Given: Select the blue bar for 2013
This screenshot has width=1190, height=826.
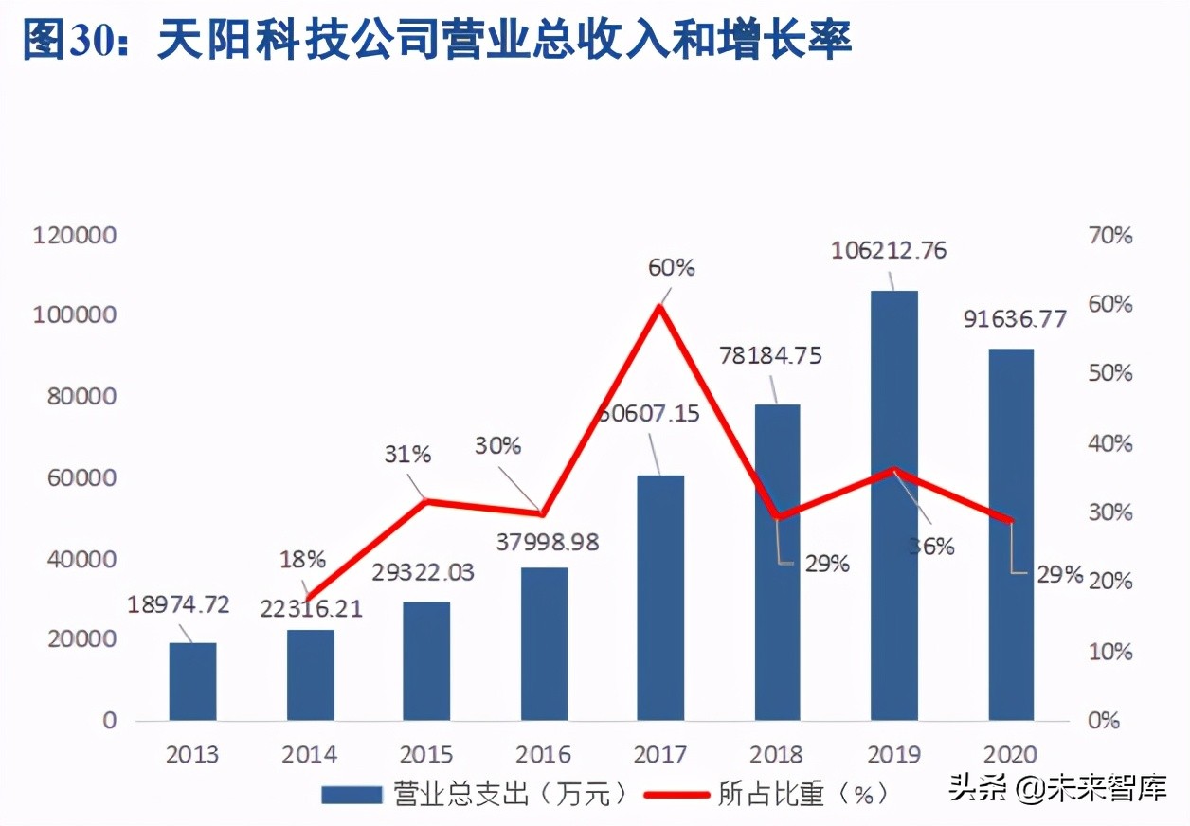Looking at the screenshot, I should click(192, 681).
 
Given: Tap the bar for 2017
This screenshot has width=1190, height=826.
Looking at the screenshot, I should click(659, 597).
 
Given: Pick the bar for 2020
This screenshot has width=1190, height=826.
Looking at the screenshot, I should click(1011, 534).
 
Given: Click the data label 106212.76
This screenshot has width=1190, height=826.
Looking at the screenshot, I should click(889, 251).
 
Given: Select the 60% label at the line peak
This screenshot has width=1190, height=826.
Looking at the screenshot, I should click(671, 268).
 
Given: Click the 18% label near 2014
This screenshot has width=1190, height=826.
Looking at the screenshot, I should click(303, 560).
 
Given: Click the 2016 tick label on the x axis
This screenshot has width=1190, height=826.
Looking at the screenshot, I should click(543, 755).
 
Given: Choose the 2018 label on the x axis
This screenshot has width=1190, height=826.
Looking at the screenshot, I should click(776, 755).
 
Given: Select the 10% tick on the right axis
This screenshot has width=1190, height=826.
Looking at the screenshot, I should click(1109, 652).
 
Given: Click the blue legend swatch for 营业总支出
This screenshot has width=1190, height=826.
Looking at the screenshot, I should click(352, 794).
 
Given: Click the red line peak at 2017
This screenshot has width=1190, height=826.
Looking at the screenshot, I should click(659, 305).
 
